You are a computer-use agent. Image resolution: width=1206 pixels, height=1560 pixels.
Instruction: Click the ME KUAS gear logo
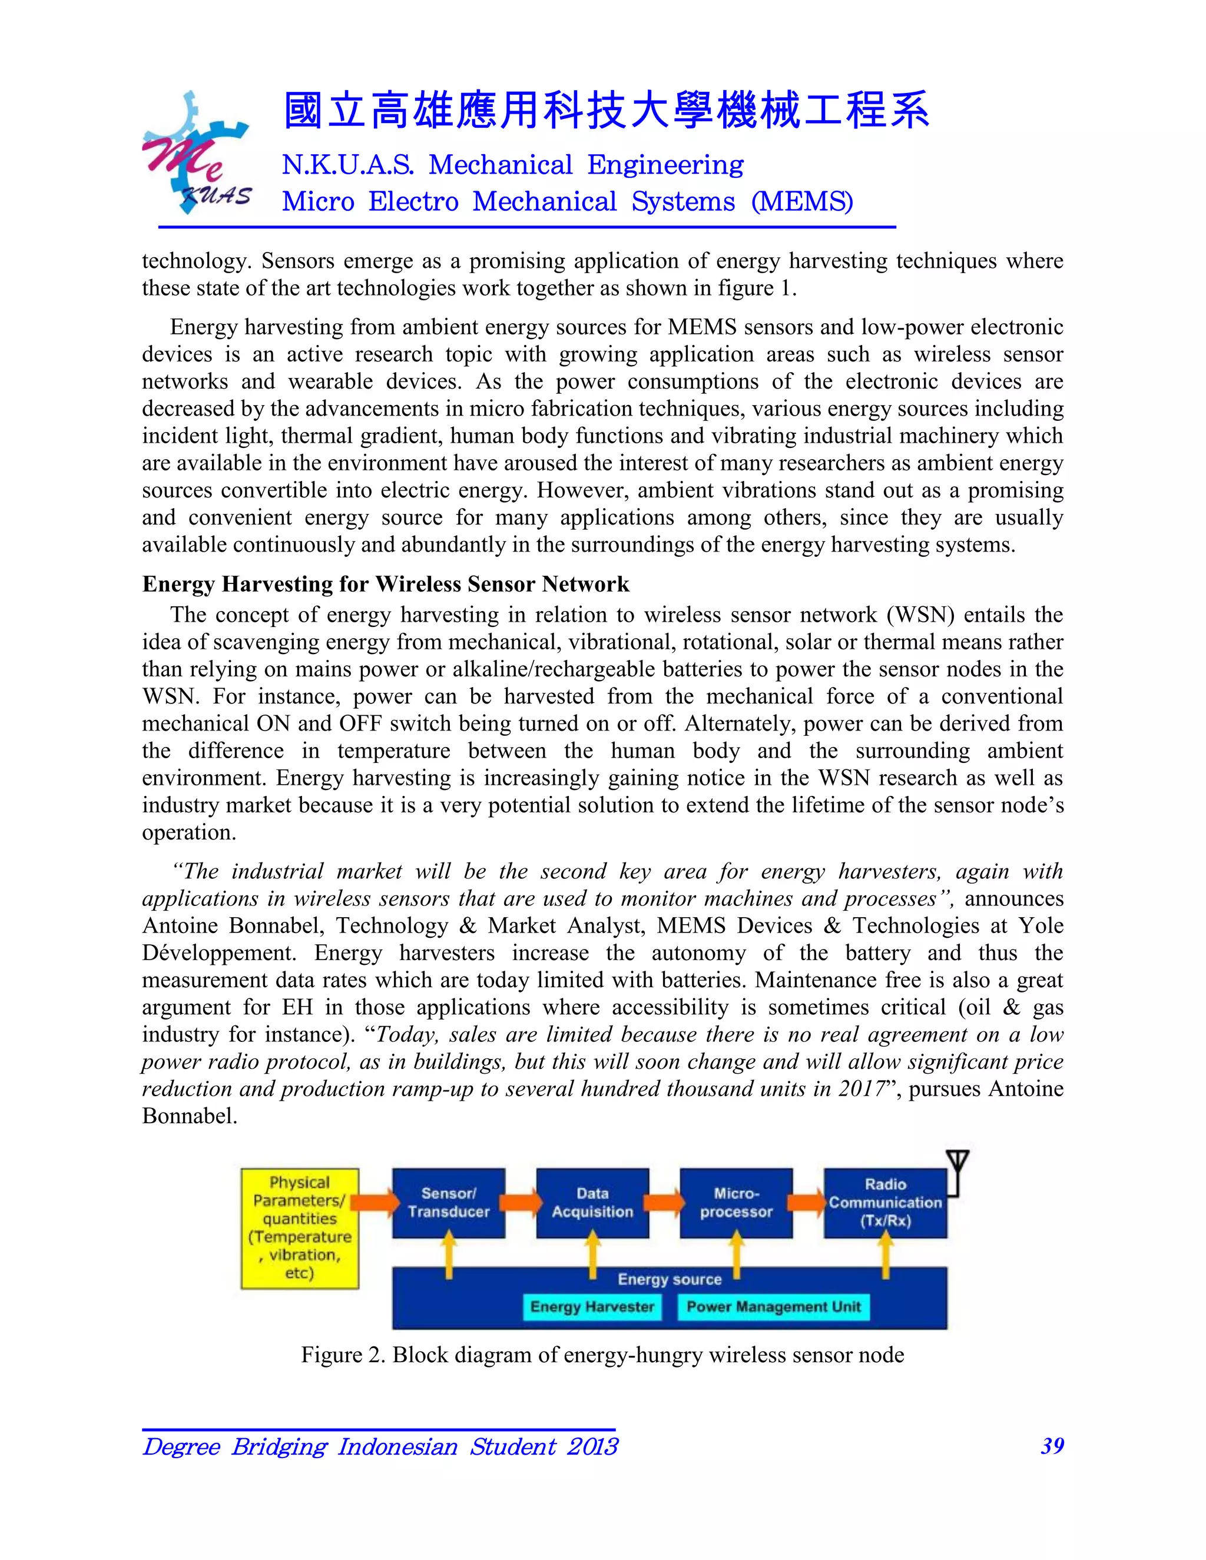click(195, 154)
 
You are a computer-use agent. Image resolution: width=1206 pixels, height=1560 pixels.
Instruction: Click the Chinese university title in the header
click(606, 111)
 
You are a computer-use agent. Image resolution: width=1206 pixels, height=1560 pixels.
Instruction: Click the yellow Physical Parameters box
click(299, 1228)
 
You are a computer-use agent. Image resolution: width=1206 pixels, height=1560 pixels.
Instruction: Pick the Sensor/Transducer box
click(448, 1202)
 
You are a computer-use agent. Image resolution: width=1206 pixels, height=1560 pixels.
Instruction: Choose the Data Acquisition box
click(592, 1202)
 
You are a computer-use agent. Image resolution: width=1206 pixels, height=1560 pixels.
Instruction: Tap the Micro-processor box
click(736, 1202)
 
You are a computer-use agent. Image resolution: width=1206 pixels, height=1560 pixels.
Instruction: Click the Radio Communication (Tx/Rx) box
click(884, 1202)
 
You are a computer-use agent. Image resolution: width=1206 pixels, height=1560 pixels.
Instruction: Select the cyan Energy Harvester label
click(592, 1306)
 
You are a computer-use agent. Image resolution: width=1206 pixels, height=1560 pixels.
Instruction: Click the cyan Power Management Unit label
click(773, 1306)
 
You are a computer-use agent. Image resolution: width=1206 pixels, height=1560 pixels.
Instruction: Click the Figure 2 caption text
click(602, 1355)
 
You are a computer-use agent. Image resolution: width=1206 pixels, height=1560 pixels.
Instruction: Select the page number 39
click(1052, 1446)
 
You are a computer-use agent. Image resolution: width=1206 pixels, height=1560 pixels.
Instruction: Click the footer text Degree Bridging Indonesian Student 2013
click(380, 1446)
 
